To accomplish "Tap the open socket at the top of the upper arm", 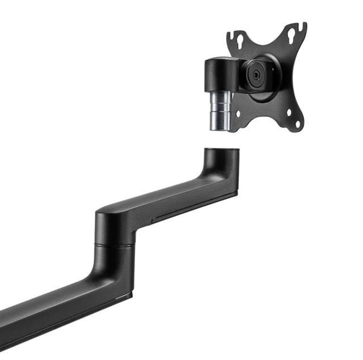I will coord(221,150).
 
